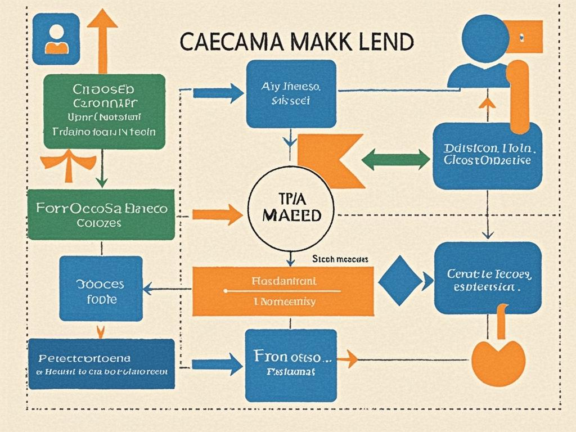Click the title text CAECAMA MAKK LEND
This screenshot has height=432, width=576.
click(x=297, y=42)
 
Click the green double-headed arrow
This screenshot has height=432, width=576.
click(x=395, y=159)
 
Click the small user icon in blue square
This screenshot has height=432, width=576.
click(x=56, y=39)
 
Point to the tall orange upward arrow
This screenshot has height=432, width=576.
click(x=102, y=40)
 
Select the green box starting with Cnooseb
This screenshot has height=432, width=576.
click(x=104, y=111)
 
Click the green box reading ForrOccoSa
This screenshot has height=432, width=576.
click(x=101, y=214)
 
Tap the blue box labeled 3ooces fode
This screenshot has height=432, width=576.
click(x=101, y=288)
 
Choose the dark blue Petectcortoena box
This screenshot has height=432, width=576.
click(x=101, y=363)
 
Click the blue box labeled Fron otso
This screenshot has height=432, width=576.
click(x=290, y=365)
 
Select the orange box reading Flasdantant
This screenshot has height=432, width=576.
click(x=283, y=291)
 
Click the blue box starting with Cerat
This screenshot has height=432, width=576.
click(x=488, y=278)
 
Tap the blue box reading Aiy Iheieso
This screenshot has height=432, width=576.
click(x=291, y=94)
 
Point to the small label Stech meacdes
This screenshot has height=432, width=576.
click(x=340, y=259)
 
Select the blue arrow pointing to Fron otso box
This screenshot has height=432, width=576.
click(x=217, y=364)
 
